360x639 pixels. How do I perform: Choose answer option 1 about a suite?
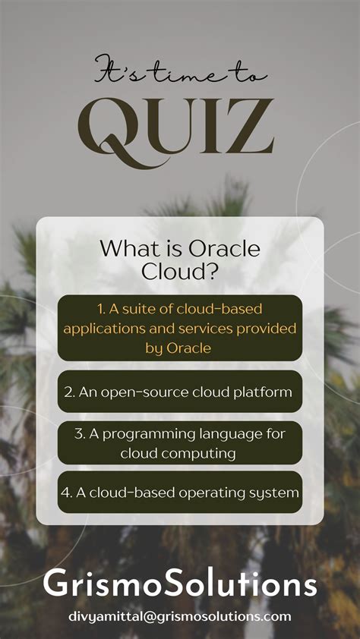[x=180, y=328]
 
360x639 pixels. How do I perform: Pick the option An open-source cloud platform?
[x=180, y=392]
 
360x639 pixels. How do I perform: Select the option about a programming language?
[x=180, y=442]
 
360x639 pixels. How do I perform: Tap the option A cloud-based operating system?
[x=180, y=492]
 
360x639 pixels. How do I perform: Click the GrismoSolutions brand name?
[x=180, y=585]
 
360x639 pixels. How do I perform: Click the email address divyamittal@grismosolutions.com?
[x=180, y=616]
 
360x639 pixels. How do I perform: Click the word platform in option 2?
[x=266, y=392]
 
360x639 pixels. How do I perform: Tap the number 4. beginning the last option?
[x=66, y=492]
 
